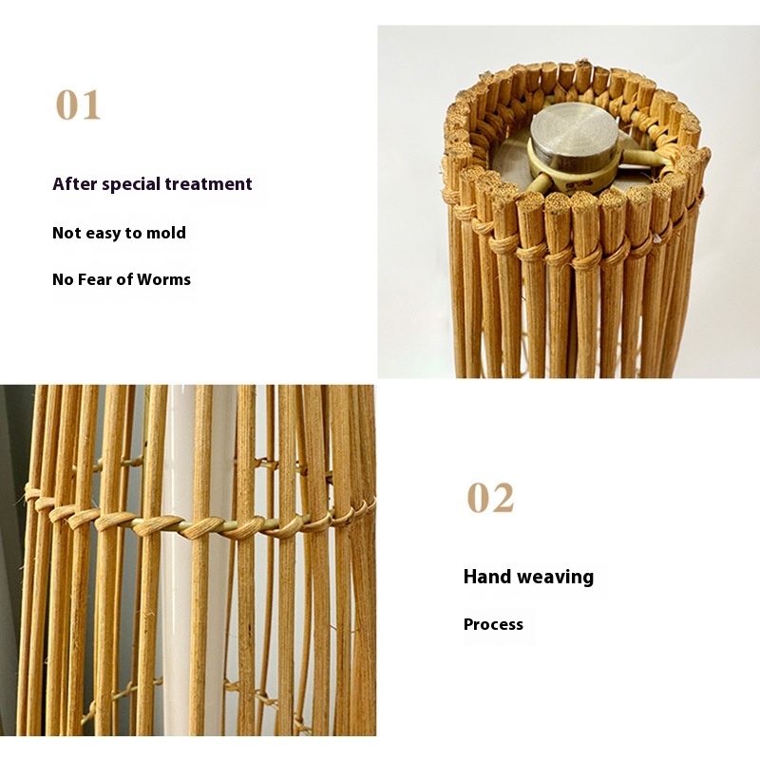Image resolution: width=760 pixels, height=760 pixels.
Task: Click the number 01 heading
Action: [78, 104]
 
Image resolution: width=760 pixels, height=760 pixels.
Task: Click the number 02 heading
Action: [490, 497]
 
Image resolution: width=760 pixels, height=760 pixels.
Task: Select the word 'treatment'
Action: [208, 184]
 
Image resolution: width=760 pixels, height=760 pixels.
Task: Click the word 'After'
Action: [75, 183]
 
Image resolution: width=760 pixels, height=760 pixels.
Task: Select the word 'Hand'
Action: [487, 577]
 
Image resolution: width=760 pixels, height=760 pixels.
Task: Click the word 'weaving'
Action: [556, 578]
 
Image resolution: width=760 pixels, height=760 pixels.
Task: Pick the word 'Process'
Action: [493, 624]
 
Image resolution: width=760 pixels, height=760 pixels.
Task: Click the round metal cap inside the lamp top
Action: [574, 133]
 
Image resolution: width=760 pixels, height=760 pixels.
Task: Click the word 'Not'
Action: [66, 233]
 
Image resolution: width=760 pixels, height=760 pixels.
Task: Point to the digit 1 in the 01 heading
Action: [89, 104]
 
